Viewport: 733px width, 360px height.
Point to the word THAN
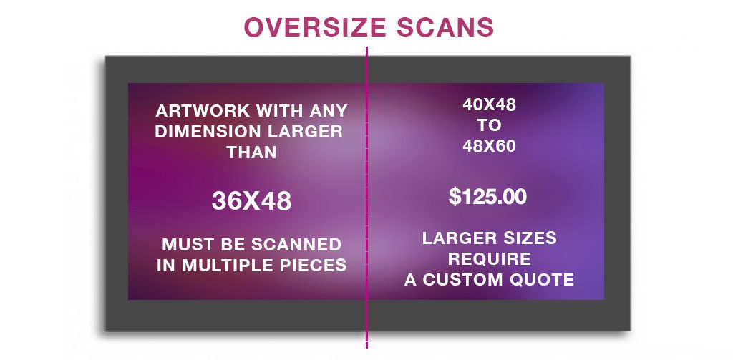pos(251,152)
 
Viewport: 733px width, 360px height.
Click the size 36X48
pos(251,201)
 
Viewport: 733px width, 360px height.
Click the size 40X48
pos(489,104)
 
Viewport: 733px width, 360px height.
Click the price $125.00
pos(487,196)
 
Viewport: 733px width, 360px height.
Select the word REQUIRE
pos(490,258)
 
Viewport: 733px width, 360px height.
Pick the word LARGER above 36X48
pos(309,132)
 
